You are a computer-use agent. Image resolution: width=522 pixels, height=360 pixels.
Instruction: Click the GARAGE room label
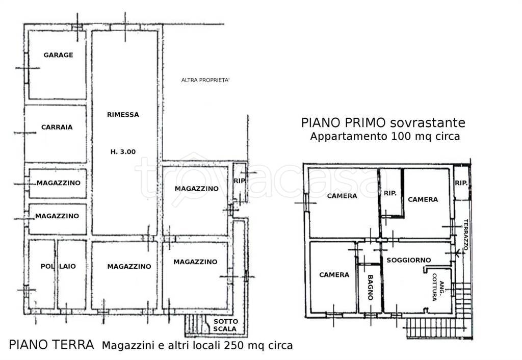tap(58, 55)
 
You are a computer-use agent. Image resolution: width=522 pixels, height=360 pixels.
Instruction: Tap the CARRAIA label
tap(57, 127)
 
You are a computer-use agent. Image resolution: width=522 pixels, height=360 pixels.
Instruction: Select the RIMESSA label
tap(123, 115)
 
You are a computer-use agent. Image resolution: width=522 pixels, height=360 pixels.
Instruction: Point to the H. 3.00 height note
tap(123, 152)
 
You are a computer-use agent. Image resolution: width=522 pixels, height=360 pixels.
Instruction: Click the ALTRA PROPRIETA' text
tap(205, 80)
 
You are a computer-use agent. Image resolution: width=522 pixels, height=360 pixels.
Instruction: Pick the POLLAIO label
tap(58, 266)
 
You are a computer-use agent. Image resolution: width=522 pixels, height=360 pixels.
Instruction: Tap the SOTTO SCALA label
tap(225, 325)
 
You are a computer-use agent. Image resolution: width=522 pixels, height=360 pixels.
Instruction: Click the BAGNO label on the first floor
tap(370, 288)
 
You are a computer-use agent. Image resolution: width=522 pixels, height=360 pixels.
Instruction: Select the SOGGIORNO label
tap(409, 260)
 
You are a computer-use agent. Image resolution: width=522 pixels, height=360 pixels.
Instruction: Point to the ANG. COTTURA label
tap(438, 287)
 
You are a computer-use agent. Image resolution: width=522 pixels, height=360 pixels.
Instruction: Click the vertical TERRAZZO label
tap(466, 235)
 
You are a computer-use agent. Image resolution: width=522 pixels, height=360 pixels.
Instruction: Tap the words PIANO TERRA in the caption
tap(51, 345)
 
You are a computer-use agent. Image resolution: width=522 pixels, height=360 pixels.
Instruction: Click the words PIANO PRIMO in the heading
tap(344, 122)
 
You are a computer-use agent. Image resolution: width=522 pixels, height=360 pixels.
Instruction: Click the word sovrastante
tap(428, 123)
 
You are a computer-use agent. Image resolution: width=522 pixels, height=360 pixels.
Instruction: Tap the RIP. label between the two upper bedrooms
tap(390, 193)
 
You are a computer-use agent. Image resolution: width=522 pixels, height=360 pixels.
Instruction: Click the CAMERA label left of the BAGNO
tap(334, 275)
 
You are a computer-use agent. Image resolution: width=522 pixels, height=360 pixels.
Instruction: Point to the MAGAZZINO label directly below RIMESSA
tap(129, 266)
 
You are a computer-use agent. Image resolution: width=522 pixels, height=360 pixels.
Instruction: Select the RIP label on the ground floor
tap(240, 181)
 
